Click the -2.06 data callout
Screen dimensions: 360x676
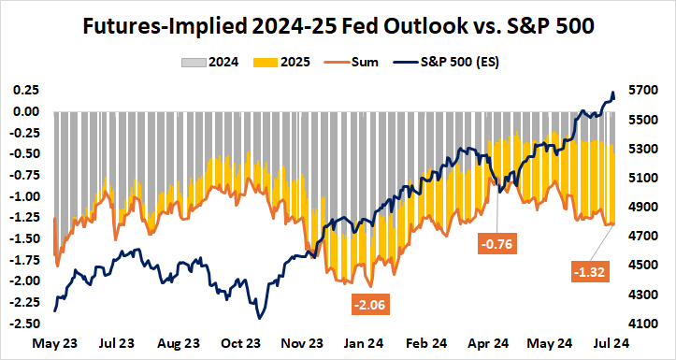point(369,304)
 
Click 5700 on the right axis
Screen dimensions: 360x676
point(649,91)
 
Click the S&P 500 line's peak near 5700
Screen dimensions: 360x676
point(612,93)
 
